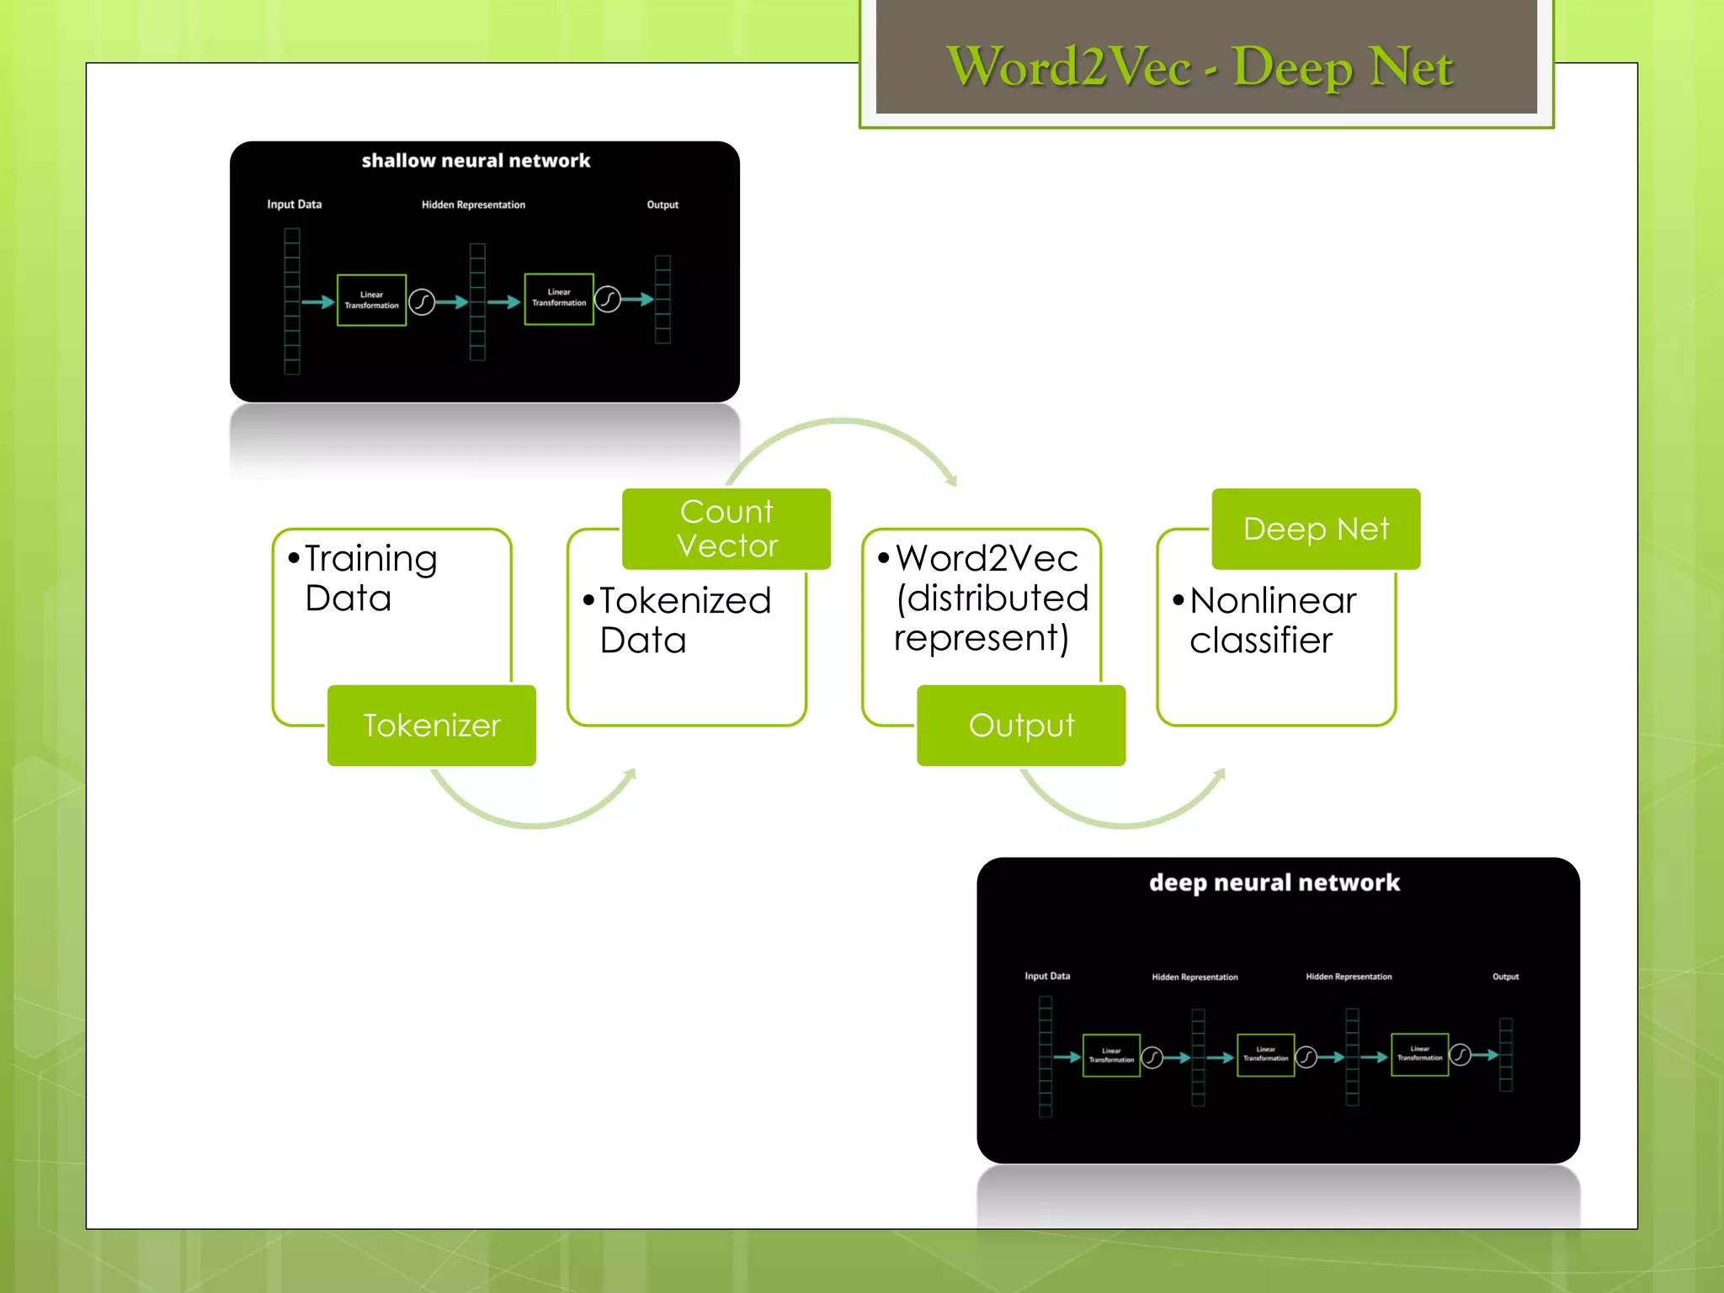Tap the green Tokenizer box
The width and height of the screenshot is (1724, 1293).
coord(431,726)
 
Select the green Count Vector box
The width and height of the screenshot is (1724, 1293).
coord(726,529)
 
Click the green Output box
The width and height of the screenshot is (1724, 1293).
coord(1021,726)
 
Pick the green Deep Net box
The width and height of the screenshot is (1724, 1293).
coord(1316,529)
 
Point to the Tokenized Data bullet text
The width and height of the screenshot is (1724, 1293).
coord(684,620)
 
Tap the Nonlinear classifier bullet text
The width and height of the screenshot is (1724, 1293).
coord(1271,620)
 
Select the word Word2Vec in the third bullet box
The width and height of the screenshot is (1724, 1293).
coord(987,558)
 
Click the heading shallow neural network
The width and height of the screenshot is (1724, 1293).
coord(476,161)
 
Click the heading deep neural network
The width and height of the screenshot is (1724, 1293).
coord(1274,882)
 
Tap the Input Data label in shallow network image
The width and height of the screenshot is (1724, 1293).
coord(294,205)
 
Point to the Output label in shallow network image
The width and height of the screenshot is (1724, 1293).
coord(662,205)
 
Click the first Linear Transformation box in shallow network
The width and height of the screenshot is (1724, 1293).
coord(371,300)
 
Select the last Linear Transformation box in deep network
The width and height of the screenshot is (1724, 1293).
coord(1419,1054)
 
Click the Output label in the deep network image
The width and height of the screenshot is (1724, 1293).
coord(1505,976)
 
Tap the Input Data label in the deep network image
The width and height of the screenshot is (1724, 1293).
coord(1047,976)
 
